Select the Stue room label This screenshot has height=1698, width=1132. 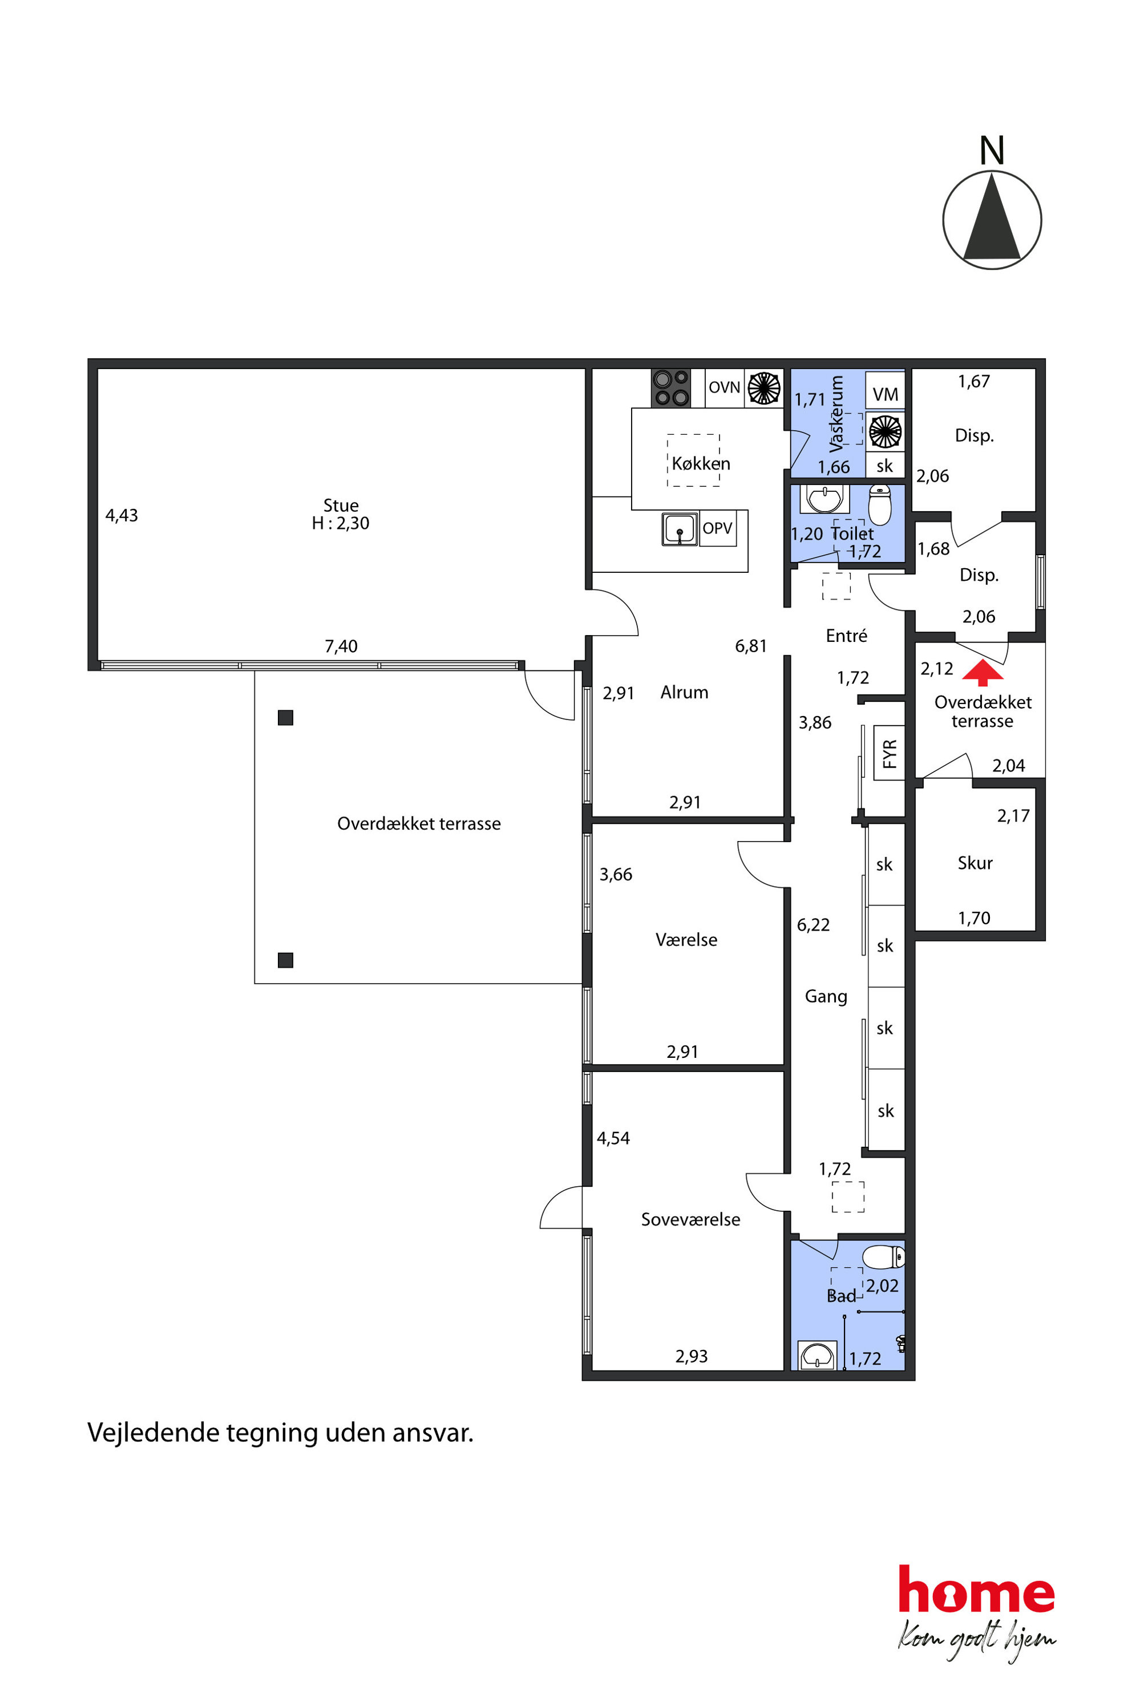click(x=341, y=506)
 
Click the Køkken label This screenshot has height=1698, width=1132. click(x=701, y=463)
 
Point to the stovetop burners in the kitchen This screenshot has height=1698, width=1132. click(x=670, y=387)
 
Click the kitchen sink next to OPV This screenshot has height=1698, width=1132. click(x=680, y=528)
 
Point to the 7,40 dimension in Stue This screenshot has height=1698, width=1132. click(x=341, y=646)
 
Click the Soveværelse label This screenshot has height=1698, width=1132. click(x=691, y=1219)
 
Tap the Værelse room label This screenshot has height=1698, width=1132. click(x=686, y=940)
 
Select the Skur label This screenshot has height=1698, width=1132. click(x=975, y=863)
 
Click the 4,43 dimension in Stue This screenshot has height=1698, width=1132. click(x=122, y=515)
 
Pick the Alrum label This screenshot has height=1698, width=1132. click(x=685, y=692)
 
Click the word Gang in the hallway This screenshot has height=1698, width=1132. click(x=826, y=996)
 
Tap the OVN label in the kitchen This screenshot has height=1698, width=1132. click(x=724, y=387)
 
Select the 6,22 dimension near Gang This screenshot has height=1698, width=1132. click(x=813, y=925)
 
